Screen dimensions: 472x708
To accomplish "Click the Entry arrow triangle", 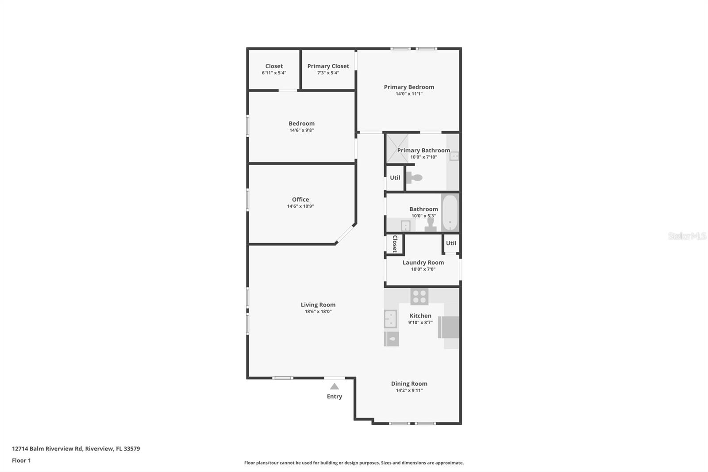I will [x=335, y=387].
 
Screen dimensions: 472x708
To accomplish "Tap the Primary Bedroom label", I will [x=409, y=87].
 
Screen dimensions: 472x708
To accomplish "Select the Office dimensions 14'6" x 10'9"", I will [x=300, y=206].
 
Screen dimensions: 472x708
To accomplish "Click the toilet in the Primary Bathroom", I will [x=415, y=178].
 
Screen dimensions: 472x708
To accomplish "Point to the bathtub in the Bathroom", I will [x=450, y=213].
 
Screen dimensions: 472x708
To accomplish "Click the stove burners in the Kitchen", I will [x=419, y=296].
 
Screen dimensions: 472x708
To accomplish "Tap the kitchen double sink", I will [x=390, y=319].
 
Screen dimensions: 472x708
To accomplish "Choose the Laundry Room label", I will [x=423, y=263].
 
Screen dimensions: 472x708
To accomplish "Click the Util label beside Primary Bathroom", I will [x=395, y=178].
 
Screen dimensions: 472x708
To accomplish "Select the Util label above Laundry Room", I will [x=451, y=243].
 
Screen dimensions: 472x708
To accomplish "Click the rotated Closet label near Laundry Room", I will [x=395, y=244].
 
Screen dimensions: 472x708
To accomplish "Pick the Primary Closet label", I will [x=328, y=66].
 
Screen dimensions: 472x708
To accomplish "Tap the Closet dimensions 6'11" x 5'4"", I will [x=274, y=73].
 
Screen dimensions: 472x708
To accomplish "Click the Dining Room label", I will [x=409, y=384].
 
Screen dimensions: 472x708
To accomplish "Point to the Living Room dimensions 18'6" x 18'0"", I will [x=318, y=312].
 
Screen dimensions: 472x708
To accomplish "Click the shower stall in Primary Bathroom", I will [x=397, y=148].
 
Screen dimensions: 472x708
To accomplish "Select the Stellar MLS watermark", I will [x=687, y=236].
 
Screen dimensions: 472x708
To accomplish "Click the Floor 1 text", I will [x=21, y=460].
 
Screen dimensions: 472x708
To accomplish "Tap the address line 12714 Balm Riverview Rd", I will [x=76, y=449].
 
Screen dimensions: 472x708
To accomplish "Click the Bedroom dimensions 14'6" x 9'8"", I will [x=301, y=131].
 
